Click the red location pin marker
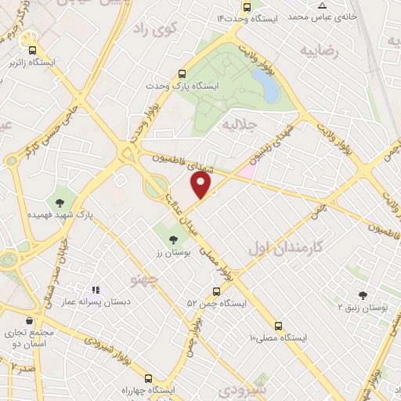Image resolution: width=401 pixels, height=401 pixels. tap(202, 186)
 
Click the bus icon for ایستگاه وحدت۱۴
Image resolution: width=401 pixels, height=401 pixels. tap(247, 7)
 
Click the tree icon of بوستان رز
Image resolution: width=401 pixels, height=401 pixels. tap(172, 240)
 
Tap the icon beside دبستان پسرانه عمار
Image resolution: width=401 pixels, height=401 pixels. tap(96, 291)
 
